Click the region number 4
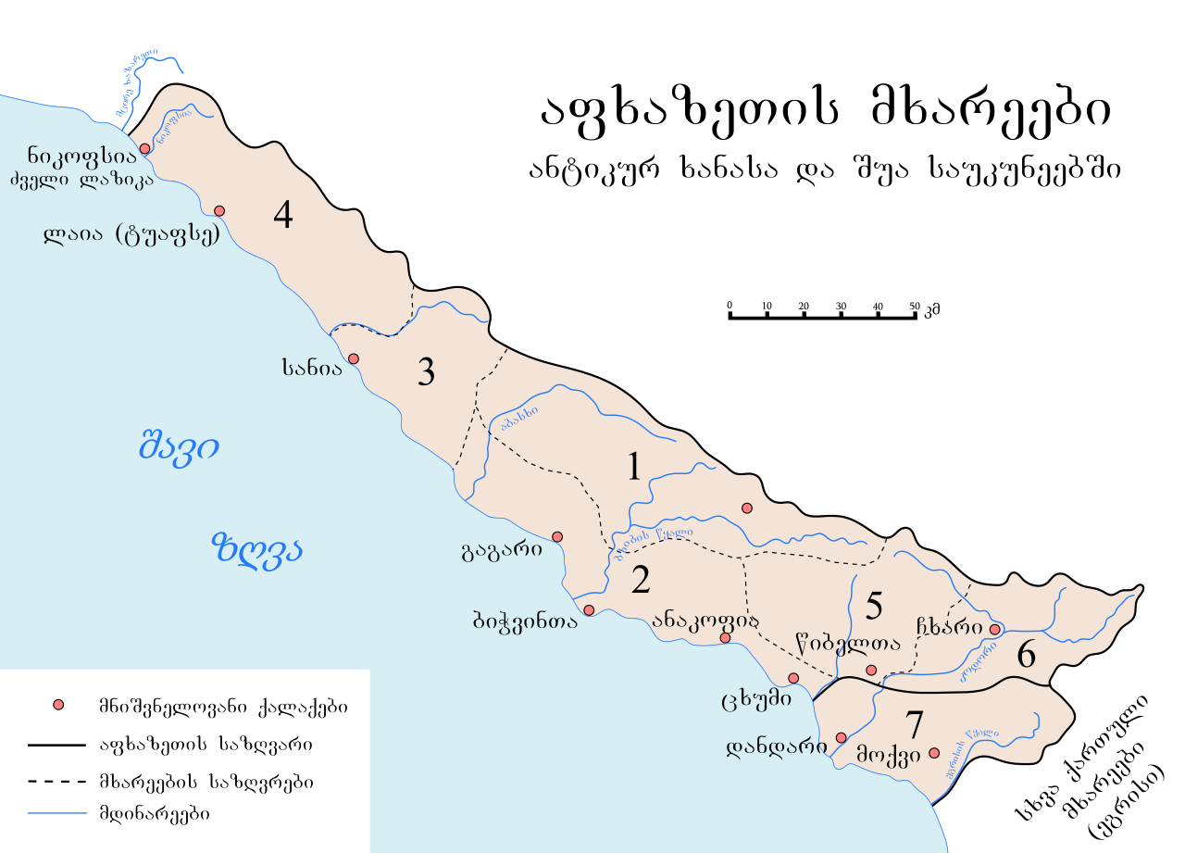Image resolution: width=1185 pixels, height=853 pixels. click(x=283, y=215)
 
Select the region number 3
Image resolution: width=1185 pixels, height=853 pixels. click(x=426, y=372)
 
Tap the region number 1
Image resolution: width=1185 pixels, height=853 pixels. click(x=634, y=467)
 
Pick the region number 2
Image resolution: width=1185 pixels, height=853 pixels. click(x=641, y=580)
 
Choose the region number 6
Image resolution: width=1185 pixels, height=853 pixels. click(x=1026, y=656)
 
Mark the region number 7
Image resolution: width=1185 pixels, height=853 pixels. click(x=914, y=723)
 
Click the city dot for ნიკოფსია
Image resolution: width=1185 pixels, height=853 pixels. click(x=144, y=148)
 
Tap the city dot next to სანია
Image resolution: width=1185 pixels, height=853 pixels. click(x=352, y=358)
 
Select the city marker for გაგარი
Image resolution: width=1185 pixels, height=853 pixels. click(x=557, y=536)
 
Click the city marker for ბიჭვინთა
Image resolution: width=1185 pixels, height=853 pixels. click(x=589, y=609)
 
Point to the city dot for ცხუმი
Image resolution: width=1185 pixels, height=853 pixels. click(x=793, y=678)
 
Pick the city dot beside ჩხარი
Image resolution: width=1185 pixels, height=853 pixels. click(x=994, y=629)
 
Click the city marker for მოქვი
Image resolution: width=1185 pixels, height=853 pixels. click(x=933, y=753)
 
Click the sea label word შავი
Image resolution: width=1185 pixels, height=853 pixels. click(x=179, y=447)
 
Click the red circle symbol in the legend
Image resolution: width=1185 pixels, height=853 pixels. click(x=59, y=707)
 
